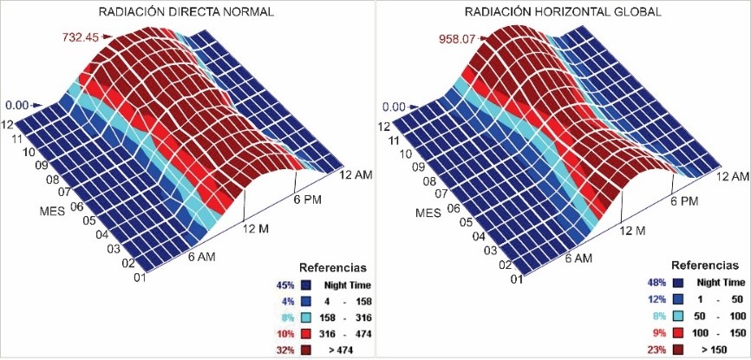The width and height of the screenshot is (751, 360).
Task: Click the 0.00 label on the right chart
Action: (x=395, y=107)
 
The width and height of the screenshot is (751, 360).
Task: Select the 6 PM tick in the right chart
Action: (x=684, y=201)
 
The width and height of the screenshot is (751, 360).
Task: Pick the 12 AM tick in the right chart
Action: (x=733, y=176)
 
